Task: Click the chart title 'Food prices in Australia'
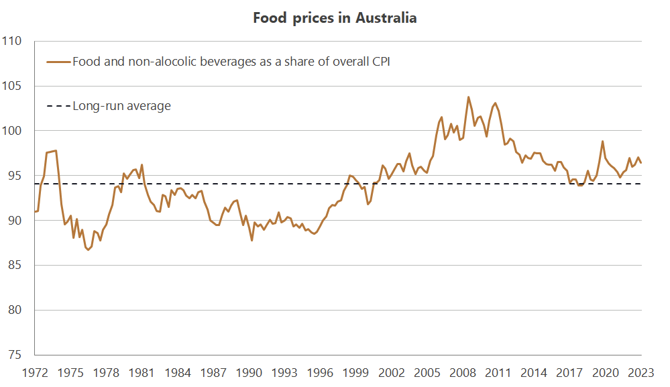335,18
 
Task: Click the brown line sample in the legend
58,62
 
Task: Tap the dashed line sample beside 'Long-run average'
58,106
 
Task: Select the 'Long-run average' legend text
121,106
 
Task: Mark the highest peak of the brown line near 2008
468,97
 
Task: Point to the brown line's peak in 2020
602,142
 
